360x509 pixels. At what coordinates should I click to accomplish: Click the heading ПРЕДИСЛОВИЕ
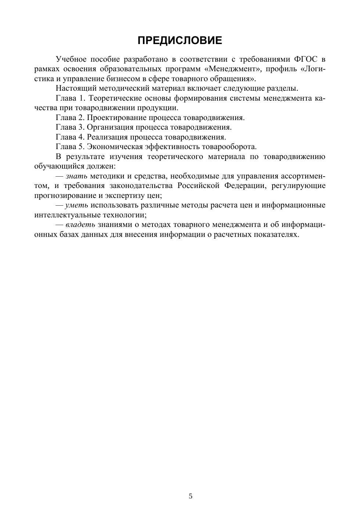[x=180, y=40]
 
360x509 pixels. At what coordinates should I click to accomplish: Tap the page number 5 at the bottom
[x=190, y=496]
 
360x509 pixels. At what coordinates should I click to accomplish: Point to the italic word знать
[x=76, y=176]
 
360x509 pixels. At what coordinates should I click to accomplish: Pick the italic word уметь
[x=76, y=205]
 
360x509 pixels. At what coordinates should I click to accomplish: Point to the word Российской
[x=198, y=185]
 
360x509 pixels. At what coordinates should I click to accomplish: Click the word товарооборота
[x=227, y=147]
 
